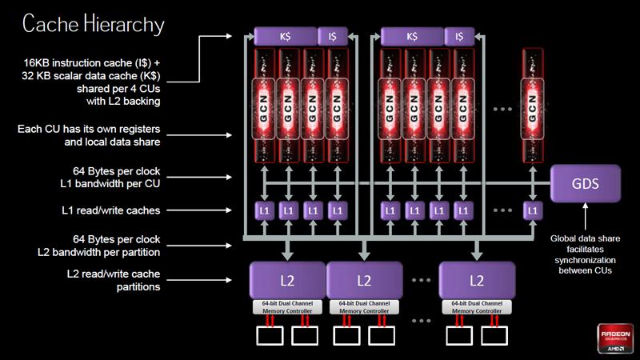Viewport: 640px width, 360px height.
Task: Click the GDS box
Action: click(x=586, y=183)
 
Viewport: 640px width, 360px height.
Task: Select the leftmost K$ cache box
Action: click(x=285, y=36)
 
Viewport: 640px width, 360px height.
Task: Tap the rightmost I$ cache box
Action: click(x=459, y=36)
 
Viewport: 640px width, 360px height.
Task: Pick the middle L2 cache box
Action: click(x=364, y=281)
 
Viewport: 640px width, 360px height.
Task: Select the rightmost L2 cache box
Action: click(x=477, y=281)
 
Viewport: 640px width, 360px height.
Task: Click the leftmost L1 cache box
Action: click(x=264, y=210)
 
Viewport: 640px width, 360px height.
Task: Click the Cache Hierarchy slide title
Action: click(x=93, y=24)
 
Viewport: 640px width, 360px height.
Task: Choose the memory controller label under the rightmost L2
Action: click(x=477, y=307)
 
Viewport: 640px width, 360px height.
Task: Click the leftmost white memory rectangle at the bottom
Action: click(x=269, y=336)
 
